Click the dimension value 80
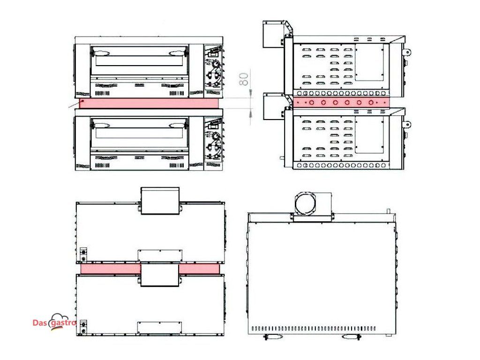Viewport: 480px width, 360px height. [244, 79]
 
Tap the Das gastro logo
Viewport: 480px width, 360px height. [54, 322]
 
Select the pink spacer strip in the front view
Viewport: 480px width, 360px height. [149, 103]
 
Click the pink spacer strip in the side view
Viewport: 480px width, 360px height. [341, 103]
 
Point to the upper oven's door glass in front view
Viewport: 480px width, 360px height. [139, 60]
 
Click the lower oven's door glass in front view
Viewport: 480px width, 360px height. [139, 133]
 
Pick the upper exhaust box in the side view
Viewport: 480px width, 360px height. [274, 34]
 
